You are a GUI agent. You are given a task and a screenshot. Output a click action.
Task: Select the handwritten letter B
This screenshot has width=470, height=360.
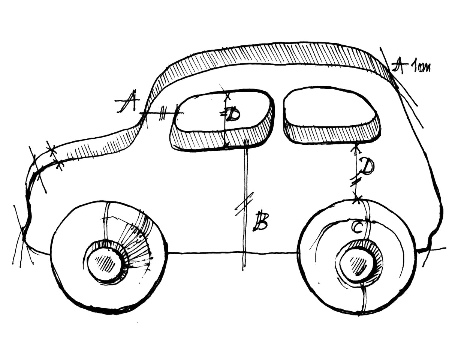tap(260, 221)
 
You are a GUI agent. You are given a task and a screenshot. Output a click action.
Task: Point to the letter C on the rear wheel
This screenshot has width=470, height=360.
tap(358, 227)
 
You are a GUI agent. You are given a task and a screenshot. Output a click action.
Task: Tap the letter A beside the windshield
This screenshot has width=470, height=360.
tap(127, 102)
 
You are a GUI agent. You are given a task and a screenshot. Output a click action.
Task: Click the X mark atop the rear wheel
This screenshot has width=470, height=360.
tap(358, 198)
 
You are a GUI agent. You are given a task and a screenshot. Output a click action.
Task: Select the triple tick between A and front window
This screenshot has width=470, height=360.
tap(162, 113)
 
